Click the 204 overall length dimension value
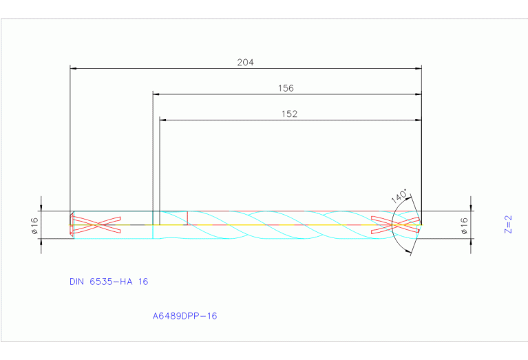click(x=246, y=62)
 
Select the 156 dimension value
click(x=286, y=88)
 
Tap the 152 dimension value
click(x=290, y=114)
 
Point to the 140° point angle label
click(x=399, y=195)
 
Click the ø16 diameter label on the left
click(x=34, y=224)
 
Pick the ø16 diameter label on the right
click(x=464, y=225)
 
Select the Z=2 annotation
click(x=509, y=224)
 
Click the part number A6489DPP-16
click(x=185, y=316)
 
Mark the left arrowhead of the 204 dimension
click(x=74, y=68)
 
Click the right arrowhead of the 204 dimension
click(x=418, y=68)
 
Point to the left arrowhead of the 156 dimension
click(x=156, y=94)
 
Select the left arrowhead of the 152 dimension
click(x=163, y=120)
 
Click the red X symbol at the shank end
click(x=96, y=224)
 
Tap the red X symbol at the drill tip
click(x=395, y=224)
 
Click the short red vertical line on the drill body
click(x=187, y=218)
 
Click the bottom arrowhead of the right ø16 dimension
click(x=472, y=242)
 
